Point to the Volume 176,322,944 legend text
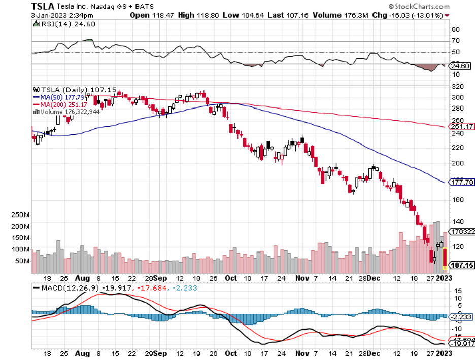pyautogui.click(x=68, y=112)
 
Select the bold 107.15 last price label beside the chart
pyautogui.click(x=462, y=265)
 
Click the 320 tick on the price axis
pyautogui.click(x=457, y=86)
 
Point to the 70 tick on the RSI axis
pyautogui.click(x=455, y=41)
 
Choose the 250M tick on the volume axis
pyautogui.click(x=21, y=215)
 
